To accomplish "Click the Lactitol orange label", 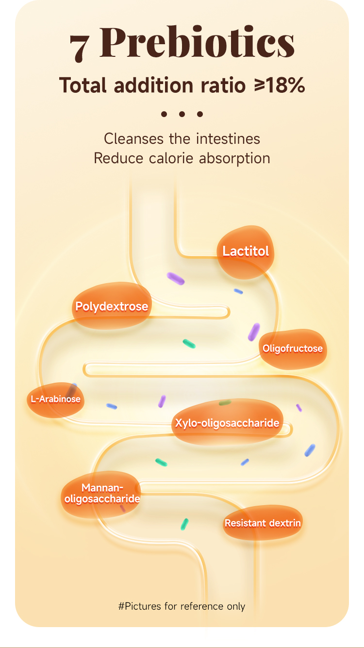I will click(245, 252).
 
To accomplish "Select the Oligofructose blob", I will click(292, 349).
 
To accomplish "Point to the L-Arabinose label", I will click(55, 400).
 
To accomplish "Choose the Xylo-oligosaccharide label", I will click(227, 423).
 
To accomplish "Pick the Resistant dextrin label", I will click(263, 523).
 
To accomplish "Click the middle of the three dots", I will click(182, 115).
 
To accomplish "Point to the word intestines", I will click(228, 139).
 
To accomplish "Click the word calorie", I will click(165, 158).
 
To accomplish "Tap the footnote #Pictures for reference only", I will click(182, 606).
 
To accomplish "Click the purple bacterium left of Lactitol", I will click(176, 278).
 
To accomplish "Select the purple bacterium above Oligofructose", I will click(254, 332).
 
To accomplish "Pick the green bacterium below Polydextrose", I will click(189, 344).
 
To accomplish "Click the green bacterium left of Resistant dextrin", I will click(184, 524).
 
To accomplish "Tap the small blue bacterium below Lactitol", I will click(238, 291).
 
